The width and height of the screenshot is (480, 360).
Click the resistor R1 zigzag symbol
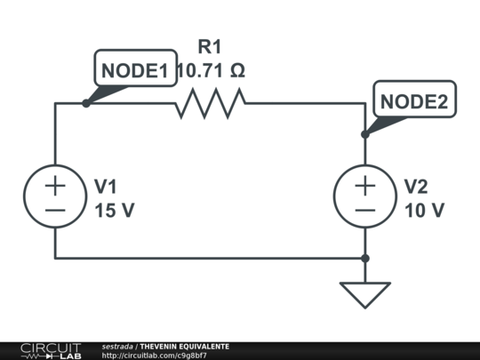pyautogui.click(x=211, y=103)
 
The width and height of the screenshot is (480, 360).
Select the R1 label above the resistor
pyautogui.click(x=210, y=47)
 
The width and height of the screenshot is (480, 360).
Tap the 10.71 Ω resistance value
pyautogui.click(x=212, y=71)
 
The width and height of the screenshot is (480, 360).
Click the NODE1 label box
pyautogui.click(x=136, y=68)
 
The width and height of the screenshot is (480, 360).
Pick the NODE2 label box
pyautogui.click(x=415, y=99)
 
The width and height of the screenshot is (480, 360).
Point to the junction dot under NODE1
pyautogui.click(x=86, y=103)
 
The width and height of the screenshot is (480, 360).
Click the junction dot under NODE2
pyautogui.click(x=365, y=134)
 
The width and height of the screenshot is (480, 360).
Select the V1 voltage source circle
pyautogui.click(x=55, y=196)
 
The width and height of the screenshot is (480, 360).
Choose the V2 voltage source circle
pyautogui.click(x=365, y=196)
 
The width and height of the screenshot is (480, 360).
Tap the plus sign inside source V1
pyautogui.click(x=55, y=185)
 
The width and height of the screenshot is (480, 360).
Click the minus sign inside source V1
pyautogui.click(x=55, y=211)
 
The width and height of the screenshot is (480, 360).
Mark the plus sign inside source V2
pyautogui.click(x=365, y=185)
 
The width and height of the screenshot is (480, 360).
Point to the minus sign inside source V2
pyautogui.click(x=365, y=211)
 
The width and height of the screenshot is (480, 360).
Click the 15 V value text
pyautogui.click(x=115, y=211)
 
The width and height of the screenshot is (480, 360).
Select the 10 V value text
pyautogui.click(x=425, y=211)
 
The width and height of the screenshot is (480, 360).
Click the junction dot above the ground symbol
pyautogui.click(x=365, y=259)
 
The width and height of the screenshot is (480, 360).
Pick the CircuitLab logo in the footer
pyautogui.click(x=51, y=351)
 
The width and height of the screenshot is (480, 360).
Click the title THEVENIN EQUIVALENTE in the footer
pyautogui.click(x=185, y=347)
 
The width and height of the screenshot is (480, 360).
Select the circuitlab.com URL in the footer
pyautogui.click(x=155, y=356)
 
